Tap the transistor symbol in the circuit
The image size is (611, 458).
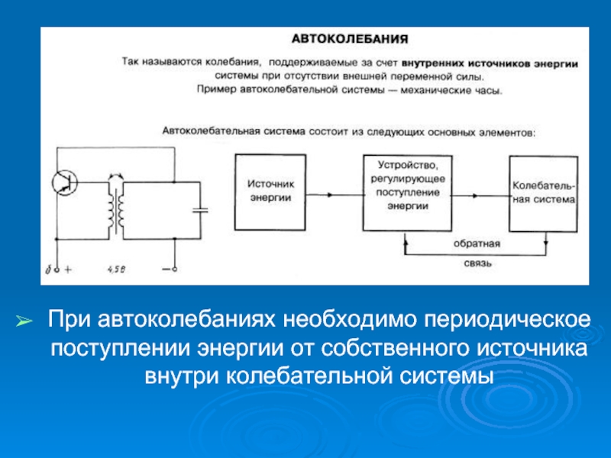[63, 181]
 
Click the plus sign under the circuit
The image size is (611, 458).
[67, 269]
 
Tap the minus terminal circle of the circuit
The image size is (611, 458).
[175, 269]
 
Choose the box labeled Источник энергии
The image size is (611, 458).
[270, 191]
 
